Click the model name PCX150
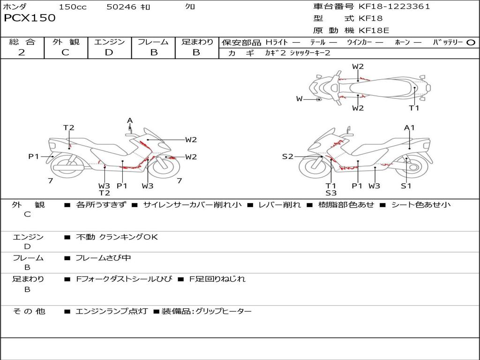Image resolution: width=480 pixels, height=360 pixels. click(x=30, y=18)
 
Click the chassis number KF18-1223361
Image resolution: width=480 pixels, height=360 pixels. click(x=394, y=7)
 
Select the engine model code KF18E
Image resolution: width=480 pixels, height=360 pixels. click(x=374, y=30)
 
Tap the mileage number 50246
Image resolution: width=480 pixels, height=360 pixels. click(x=121, y=7)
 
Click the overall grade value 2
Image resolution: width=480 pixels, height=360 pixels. click(x=22, y=52)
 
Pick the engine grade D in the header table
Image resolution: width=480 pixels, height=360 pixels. click(x=109, y=52)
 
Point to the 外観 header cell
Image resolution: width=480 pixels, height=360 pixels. click(x=66, y=42)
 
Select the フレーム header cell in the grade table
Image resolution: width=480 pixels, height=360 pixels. click(x=153, y=42)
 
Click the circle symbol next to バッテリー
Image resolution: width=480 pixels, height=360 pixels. click(x=471, y=43)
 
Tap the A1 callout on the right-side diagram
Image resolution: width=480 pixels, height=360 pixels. click(x=409, y=127)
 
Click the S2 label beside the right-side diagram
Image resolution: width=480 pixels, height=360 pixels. click(x=287, y=157)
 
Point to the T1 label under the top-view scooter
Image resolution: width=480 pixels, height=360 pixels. click(x=414, y=108)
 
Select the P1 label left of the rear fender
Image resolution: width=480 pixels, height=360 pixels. click(x=34, y=157)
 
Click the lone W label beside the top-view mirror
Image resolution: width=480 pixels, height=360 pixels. click(x=300, y=99)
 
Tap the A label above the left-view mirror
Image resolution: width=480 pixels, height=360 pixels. click(x=130, y=120)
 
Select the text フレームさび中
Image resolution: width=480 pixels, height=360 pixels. click(x=103, y=258)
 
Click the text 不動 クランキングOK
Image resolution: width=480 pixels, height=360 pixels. click(x=117, y=237)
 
